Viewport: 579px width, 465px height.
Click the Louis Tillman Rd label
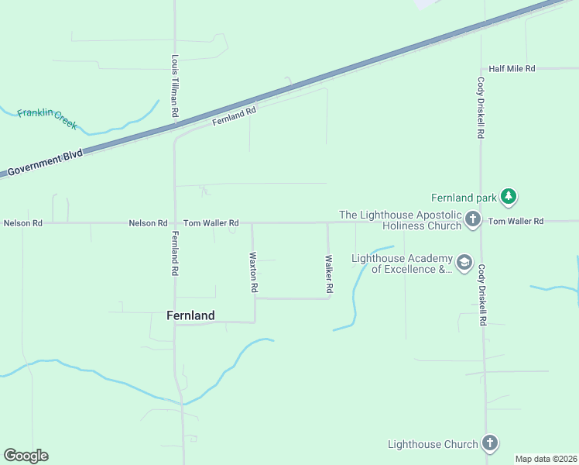tap(176, 86)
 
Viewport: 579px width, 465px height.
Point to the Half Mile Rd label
tap(512, 69)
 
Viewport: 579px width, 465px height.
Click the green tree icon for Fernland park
tap(508, 197)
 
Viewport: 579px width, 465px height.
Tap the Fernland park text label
tap(464, 198)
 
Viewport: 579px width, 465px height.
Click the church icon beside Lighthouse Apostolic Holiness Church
tap(474, 221)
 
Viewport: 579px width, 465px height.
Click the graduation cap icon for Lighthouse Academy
tap(464, 263)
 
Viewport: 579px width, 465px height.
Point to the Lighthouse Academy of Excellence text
tap(401, 263)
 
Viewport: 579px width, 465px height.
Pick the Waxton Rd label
tap(253, 271)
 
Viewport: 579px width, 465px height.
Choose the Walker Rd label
tap(329, 274)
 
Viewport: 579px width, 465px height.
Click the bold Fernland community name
tap(190, 315)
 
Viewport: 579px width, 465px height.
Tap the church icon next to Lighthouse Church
tap(489, 443)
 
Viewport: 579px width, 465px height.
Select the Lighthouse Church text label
tap(433, 444)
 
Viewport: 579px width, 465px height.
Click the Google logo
tap(26, 456)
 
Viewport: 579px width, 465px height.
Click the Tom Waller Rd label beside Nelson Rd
tap(211, 223)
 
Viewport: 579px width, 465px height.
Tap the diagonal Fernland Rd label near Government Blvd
tap(235, 117)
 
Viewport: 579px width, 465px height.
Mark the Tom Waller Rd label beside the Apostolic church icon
tap(516, 222)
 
